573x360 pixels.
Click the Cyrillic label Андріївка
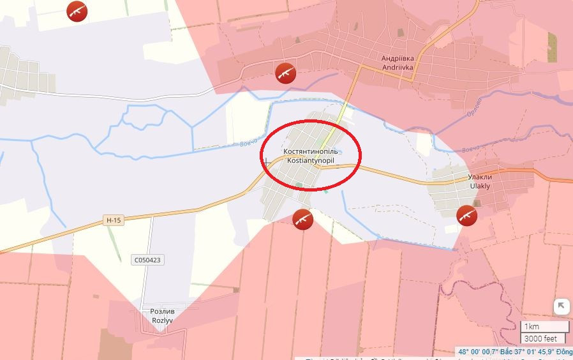tap(398, 57)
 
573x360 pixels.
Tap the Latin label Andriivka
tap(398, 66)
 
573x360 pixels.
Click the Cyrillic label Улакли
tap(480, 177)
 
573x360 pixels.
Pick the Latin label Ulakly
tap(480, 186)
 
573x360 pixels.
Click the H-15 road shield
tap(113, 221)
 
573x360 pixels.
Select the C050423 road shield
tap(147, 260)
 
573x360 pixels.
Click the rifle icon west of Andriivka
tap(285, 73)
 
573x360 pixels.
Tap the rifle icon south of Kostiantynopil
tap(302, 220)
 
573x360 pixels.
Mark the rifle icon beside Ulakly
tap(467, 215)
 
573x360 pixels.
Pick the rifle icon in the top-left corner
tap(77, 10)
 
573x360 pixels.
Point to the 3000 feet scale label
tap(540, 338)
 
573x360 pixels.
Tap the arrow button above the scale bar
tap(561, 306)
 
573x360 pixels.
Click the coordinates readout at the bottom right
tap(514, 352)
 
